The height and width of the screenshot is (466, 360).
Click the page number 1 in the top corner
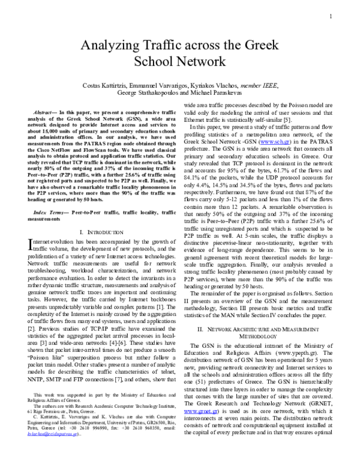(331, 16)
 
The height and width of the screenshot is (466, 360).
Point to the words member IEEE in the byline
(259, 86)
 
